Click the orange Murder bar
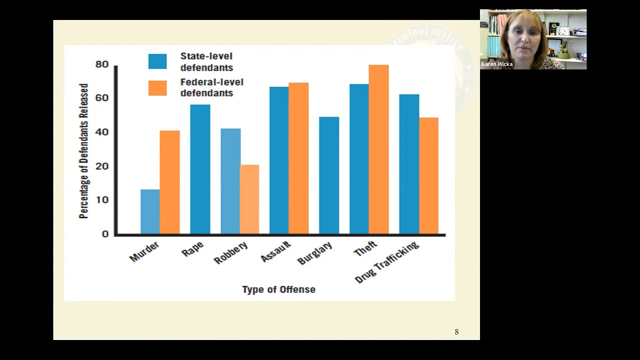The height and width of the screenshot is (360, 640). point(169,182)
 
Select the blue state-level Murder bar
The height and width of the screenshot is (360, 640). point(150,211)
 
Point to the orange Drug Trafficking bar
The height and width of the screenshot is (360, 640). point(428,175)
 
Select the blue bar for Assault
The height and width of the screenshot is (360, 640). point(279,160)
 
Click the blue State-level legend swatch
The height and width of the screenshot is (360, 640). point(157,61)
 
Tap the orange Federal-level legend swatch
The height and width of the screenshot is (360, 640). point(157,87)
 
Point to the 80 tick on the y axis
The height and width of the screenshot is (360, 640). point(102,64)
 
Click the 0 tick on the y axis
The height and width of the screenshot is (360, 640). point(105,234)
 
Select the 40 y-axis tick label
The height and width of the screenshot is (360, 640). point(102,132)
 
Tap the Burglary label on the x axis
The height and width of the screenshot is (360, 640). point(315,253)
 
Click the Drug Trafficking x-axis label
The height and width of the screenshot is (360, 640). point(386,262)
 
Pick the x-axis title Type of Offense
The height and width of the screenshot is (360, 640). point(278,289)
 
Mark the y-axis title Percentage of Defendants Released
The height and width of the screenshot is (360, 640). point(83,151)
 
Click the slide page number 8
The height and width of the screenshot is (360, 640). point(456,332)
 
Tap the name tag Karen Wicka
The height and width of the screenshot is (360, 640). point(496,64)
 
